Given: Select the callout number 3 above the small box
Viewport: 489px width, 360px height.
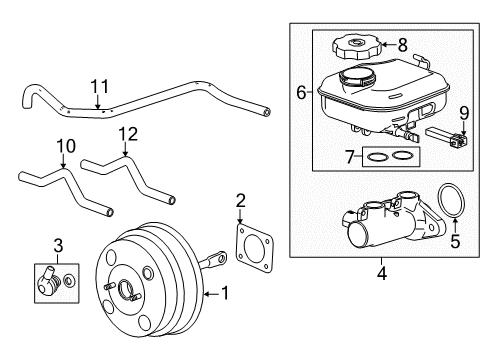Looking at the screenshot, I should (57, 245).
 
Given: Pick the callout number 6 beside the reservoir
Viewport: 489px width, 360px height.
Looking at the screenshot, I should (301, 93).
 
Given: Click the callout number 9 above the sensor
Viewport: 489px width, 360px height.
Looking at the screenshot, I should (462, 112).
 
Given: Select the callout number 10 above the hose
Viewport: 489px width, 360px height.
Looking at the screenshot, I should (64, 147).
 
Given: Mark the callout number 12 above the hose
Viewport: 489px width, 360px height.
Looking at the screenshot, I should (124, 134).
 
